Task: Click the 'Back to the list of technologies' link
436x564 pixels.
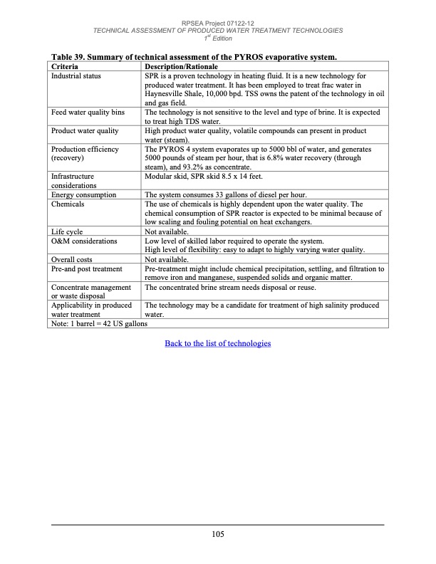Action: click(217, 344)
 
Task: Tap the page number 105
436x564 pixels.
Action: click(218, 535)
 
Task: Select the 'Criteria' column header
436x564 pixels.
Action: click(66, 66)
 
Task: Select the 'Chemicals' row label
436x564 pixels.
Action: click(68, 204)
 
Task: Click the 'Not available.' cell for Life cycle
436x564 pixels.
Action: click(166, 231)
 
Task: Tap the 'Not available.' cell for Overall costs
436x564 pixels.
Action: click(166, 260)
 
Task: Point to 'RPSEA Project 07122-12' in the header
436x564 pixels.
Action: click(218, 23)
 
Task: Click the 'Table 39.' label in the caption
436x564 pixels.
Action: click(69, 56)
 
